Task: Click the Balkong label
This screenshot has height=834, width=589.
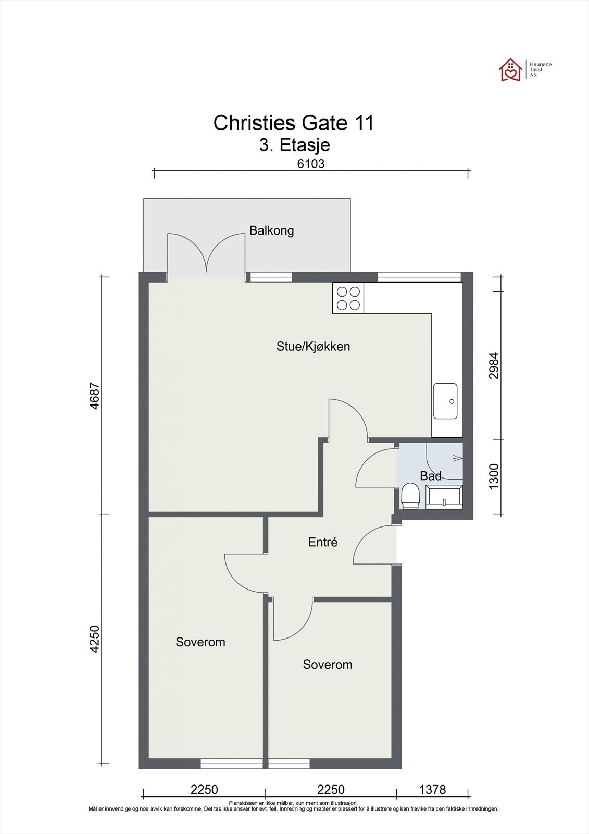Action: point(272,231)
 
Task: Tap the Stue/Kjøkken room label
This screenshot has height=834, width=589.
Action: point(314,347)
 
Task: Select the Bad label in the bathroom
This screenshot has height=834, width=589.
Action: point(431,476)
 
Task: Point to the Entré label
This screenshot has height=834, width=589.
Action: point(322,542)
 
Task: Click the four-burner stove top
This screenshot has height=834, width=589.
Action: point(348,298)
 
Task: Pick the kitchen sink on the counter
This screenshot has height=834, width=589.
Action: point(445,401)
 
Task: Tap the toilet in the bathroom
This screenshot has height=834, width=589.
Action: point(410,496)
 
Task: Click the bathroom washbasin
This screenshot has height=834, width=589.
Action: point(444,497)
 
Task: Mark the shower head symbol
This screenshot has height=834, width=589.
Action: point(458,458)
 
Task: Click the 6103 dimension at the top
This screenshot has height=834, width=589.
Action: point(311,164)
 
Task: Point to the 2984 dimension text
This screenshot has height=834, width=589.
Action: point(494,365)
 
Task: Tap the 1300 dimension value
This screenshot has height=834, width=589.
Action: point(494,477)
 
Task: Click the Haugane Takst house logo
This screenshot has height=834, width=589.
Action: point(510,70)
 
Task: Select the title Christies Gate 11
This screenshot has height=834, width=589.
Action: point(294,123)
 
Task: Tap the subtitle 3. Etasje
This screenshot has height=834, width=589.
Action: point(295,145)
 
